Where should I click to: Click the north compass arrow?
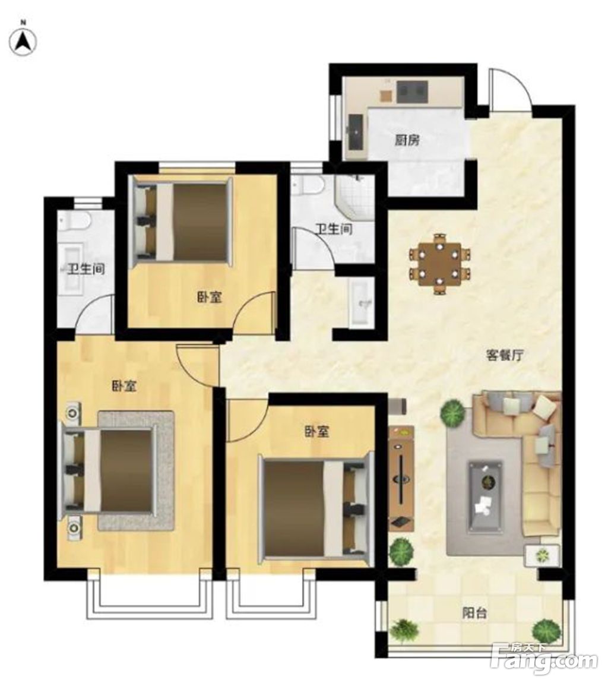[x=24, y=42]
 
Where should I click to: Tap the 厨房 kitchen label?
[x=407, y=140]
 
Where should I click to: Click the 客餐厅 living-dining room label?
[x=504, y=355]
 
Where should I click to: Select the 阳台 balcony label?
[x=474, y=614]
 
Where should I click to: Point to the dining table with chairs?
[x=439, y=264]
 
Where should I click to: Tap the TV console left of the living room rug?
[x=401, y=478]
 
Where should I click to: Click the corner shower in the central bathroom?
[x=355, y=196]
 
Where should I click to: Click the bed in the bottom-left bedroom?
[x=109, y=470]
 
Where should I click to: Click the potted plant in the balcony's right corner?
[x=547, y=630]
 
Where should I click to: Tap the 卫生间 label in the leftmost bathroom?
[x=86, y=269]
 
